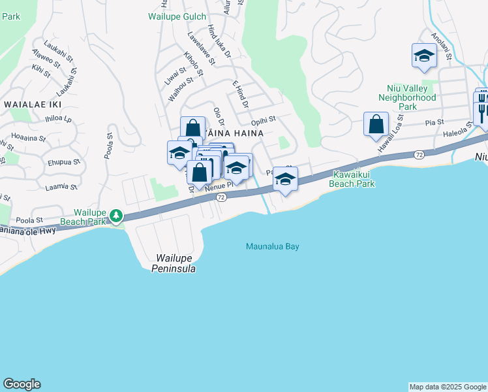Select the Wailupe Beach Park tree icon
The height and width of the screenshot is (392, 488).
116,215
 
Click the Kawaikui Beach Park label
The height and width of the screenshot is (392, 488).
354,179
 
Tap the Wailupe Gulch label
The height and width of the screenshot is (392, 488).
177,16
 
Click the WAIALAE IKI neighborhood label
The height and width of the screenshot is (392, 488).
32,104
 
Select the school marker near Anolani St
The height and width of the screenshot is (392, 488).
423,56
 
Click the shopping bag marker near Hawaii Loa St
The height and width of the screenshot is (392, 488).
376,124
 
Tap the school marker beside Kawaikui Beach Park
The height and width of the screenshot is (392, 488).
285,178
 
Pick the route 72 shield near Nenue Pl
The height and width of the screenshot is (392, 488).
221,197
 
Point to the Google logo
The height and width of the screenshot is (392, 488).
22,384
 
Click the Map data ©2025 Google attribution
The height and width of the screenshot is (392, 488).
448,387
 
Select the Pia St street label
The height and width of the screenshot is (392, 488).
434,122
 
